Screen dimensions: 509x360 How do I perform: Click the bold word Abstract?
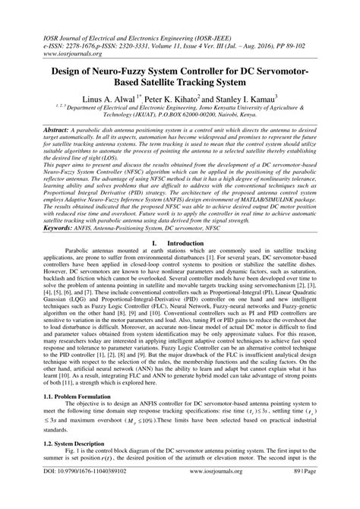click(x=42, y=131)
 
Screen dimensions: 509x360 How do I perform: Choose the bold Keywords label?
click(x=45, y=227)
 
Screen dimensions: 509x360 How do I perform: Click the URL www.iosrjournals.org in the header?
click(x=55, y=33)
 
